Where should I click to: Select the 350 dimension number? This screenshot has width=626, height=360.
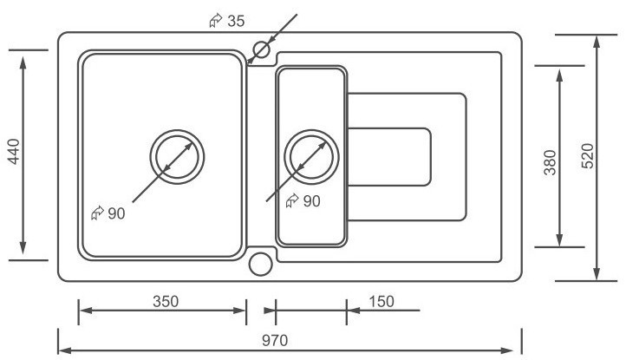165,301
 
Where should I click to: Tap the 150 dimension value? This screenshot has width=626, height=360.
380,301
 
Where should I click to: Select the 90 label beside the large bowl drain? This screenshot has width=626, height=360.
117,213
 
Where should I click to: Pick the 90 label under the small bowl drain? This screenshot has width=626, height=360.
310,201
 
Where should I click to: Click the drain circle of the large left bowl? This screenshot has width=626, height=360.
178,157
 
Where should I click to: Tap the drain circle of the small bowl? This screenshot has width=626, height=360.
310,157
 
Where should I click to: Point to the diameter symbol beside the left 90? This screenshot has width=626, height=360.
97,213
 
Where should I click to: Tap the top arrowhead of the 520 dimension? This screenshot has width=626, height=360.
597,40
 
